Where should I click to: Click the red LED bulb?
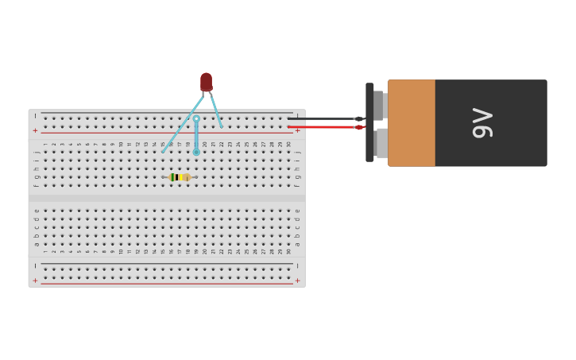click(206, 82)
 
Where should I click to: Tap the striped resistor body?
click(180, 177)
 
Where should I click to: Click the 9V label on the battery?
click(482, 122)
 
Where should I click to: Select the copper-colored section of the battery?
click(412, 122)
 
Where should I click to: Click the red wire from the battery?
click(322, 127)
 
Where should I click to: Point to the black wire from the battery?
click(322, 118)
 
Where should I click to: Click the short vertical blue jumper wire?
click(196, 135)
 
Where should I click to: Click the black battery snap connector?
click(369, 122)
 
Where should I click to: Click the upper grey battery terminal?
click(378, 104)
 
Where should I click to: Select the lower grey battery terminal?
click(381, 143)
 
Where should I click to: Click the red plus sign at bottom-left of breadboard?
click(35, 281)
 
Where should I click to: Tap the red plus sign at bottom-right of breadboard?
click(298, 281)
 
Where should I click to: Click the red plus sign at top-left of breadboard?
click(35, 130)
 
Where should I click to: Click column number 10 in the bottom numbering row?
click(121, 251)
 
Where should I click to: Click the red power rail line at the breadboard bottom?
click(167, 284)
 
